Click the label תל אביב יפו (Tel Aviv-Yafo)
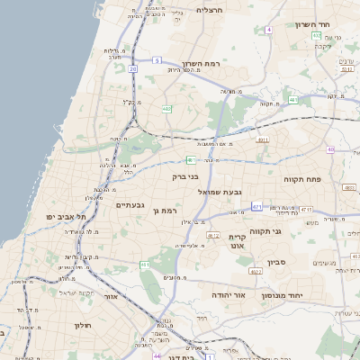coord(67,217)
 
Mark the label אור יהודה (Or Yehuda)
coord(209,294)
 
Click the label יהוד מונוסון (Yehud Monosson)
coord(283,296)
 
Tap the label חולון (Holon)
coord(83,326)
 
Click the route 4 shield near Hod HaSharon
coord(268,30)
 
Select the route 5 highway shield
coord(156,60)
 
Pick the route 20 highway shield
coord(132,67)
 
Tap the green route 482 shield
coord(167,109)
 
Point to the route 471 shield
coord(257,207)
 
